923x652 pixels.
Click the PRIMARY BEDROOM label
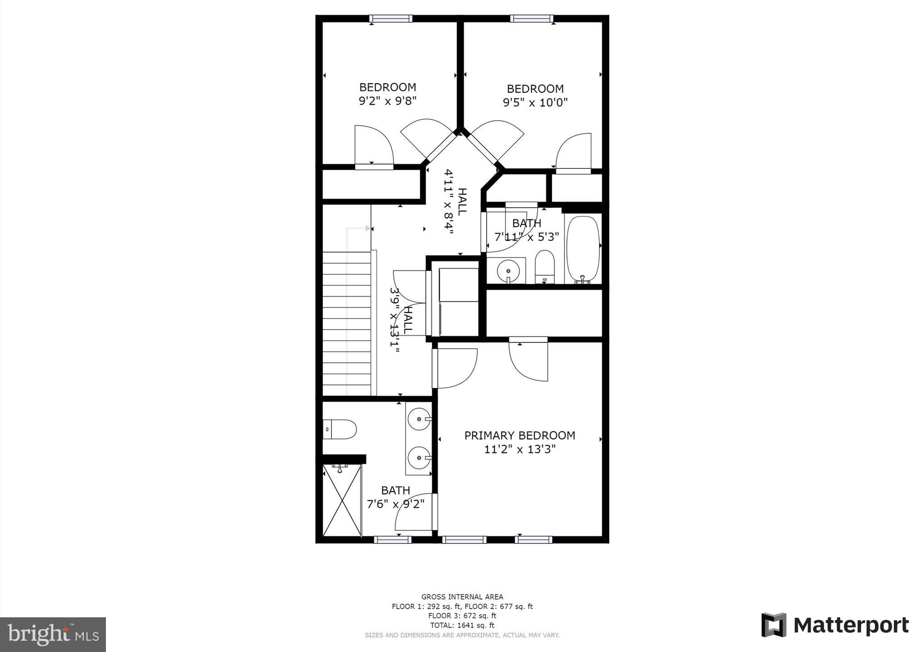520,435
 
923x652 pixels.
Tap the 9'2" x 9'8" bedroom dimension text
387,100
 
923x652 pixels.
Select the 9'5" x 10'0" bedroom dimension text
535,103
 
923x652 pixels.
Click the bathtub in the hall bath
583,249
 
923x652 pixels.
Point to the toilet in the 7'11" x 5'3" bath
545,267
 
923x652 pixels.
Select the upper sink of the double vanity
419,419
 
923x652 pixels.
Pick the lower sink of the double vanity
419,458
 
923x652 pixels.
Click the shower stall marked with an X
342,500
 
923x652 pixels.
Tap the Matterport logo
835,625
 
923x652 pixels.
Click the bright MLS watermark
53,635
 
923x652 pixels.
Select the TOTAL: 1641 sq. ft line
462,625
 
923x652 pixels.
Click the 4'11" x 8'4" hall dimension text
449,201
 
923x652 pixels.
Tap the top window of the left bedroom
390,18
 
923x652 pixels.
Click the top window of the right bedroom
531,18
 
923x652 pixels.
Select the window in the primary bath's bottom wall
393,539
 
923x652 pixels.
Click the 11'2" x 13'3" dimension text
520,449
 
